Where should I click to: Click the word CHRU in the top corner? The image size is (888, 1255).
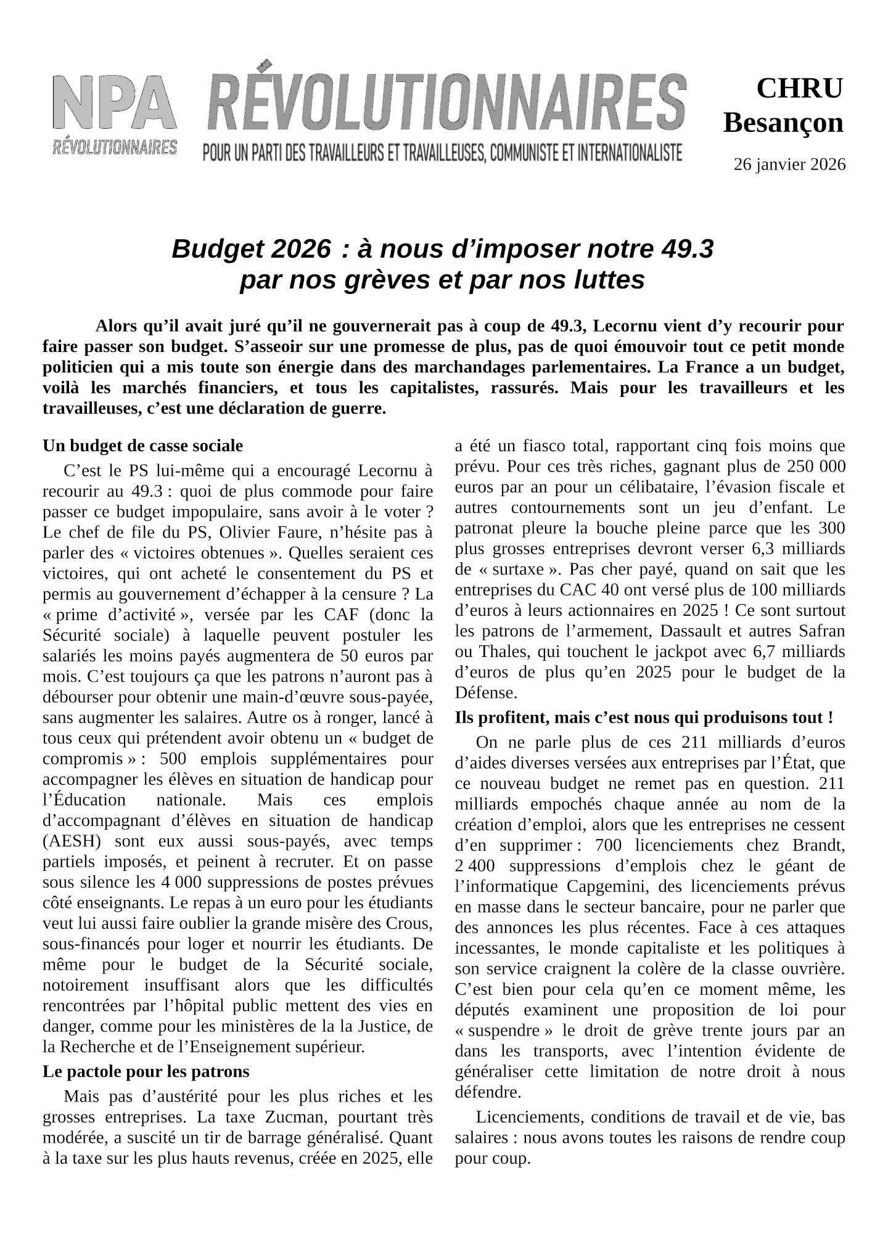pos(799,89)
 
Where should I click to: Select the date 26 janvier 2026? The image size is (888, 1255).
pos(789,165)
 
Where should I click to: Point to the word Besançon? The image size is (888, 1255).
pos(783,123)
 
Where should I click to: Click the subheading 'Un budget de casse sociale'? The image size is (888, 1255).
pos(142,446)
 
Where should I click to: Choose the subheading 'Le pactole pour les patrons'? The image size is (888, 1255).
pos(146,1072)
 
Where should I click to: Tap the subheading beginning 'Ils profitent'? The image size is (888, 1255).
pos(644,718)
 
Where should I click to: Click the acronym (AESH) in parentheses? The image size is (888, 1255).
pos(67,841)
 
